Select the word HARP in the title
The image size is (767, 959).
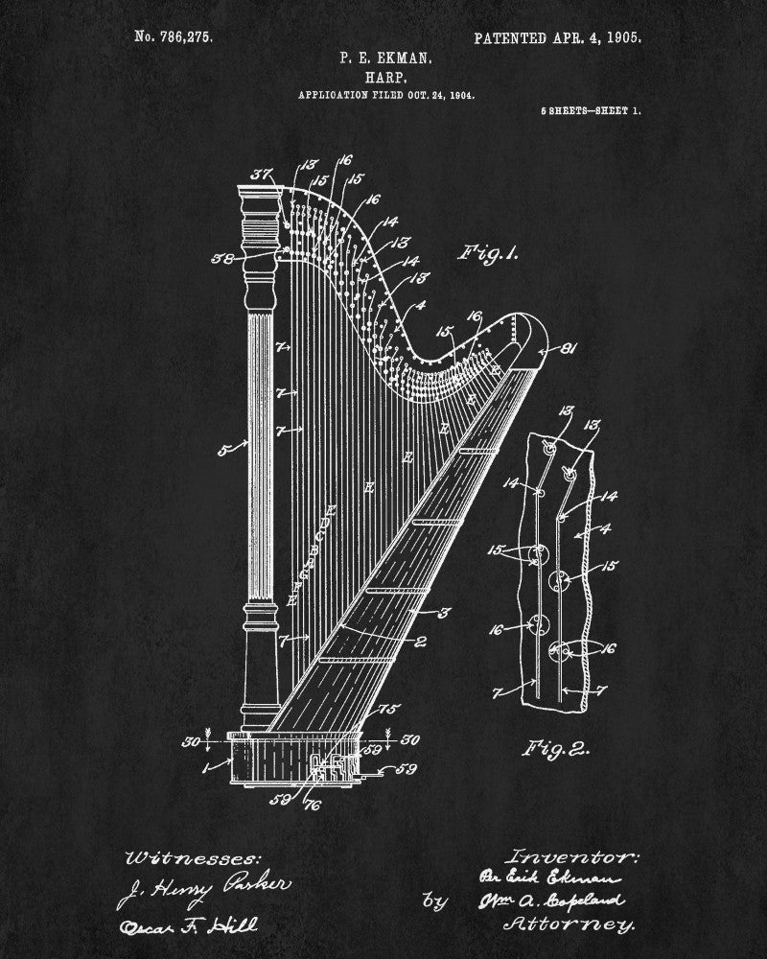[x=385, y=76]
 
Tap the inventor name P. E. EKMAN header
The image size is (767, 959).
[x=385, y=58]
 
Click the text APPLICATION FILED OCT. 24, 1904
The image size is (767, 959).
[x=386, y=95]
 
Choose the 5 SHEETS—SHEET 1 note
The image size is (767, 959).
[x=592, y=111]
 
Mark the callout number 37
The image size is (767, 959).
[x=260, y=174]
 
